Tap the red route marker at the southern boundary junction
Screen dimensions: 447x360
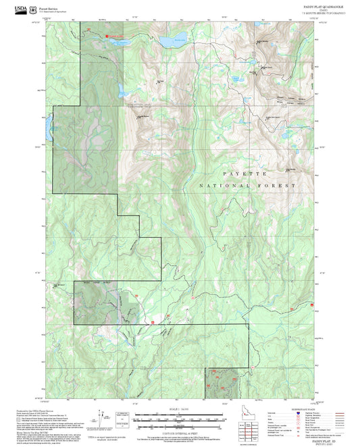pyautogui.click(x=153, y=322)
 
